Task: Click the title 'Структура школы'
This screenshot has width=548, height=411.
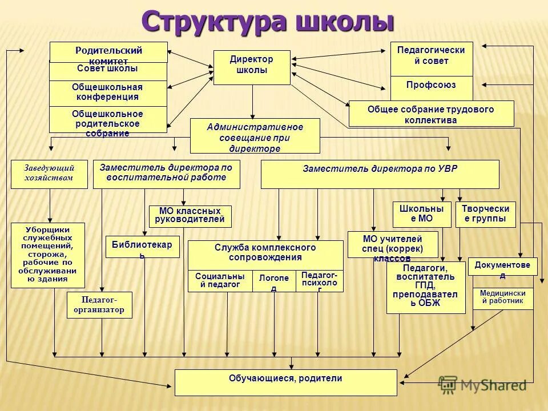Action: point(268,22)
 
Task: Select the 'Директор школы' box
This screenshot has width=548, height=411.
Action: point(252,67)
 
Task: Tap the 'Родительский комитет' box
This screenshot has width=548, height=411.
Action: point(108,52)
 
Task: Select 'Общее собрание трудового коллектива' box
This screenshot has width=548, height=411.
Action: point(431,114)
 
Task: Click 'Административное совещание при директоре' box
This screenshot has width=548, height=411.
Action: point(255,136)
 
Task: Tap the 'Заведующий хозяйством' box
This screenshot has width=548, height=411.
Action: point(49,174)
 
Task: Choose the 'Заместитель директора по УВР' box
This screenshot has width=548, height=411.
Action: point(380,174)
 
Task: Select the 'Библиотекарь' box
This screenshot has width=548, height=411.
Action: point(142,247)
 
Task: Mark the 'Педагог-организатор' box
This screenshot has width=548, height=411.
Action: point(99,305)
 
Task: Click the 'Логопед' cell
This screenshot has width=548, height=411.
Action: point(274,281)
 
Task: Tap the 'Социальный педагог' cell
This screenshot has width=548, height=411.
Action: point(220,280)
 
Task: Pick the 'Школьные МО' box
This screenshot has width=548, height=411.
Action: point(421,214)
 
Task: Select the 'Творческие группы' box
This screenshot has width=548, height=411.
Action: point(485,214)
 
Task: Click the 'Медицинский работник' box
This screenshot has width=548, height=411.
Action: point(502,298)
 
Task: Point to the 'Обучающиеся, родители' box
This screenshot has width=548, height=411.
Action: point(285,382)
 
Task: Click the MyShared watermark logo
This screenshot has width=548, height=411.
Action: point(482,385)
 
